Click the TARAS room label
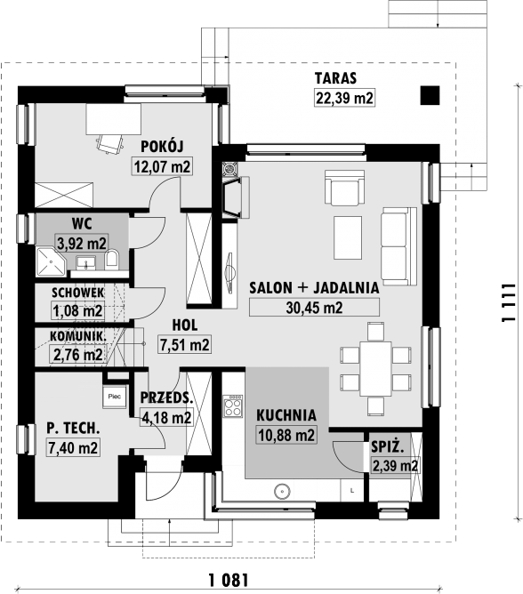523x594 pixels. (335, 78)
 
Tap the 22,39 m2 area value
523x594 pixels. (344, 98)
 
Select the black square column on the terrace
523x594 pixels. (430, 95)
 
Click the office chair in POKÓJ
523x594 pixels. (110, 143)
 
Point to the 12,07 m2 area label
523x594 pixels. (162, 166)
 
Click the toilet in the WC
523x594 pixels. (112, 260)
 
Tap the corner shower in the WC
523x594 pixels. (51, 261)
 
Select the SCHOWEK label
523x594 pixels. (77, 293)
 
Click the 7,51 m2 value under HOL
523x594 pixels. (185, 345)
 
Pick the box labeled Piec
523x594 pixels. (115, 397)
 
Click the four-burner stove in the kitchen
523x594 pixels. (233, 405)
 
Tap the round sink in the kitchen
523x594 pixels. (282, 492)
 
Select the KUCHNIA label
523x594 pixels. (286, 415)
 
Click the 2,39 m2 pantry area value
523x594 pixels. (395, 465)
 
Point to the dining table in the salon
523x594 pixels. (375, 369)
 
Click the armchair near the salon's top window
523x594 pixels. (344, 188)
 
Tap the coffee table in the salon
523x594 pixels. (348, 238)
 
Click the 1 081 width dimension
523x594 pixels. (229, 580)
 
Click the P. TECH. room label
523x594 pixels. (73, 428)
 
